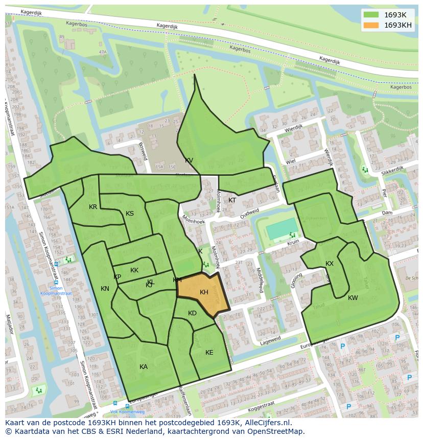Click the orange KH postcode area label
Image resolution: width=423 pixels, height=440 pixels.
point(204,292)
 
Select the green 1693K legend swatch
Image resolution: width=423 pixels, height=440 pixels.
point(371,15)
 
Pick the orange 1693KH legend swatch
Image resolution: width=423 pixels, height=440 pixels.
point(371,25)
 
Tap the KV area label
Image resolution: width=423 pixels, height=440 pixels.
point(189,160)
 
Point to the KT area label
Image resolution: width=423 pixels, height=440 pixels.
point(232,200)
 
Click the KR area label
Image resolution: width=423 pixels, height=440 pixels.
point(93,207)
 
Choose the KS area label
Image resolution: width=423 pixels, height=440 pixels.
point(130,214)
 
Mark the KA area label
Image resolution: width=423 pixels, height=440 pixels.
point(144,367)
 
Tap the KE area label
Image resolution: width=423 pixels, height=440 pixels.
point(209,353)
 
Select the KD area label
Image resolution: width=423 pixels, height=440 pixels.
point(192,313)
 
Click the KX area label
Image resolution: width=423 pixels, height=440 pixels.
point(330,264)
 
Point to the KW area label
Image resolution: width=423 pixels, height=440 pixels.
point(353,298)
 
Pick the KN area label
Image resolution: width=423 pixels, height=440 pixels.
point(105,289)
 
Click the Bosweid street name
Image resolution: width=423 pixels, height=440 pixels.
point(143,151)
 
